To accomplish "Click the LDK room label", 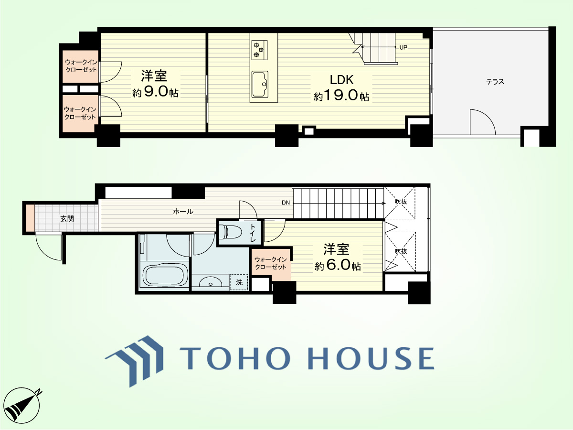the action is click(341, 80).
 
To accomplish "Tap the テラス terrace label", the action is click(495, 82).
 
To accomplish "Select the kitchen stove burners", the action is click(259, 50).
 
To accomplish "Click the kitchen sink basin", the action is click(260, 84).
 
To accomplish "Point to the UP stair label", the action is click(403, 47).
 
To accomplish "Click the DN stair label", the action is click(286, 203).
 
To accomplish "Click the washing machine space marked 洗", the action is click(239, 282).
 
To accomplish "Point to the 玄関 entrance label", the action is click(67, 218).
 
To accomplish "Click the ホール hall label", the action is click(183, 211).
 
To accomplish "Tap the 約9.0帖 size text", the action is click(155, 92).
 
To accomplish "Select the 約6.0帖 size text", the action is click(338, 266).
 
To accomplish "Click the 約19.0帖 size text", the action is click(341, 96).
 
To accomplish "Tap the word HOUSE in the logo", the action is click(371, 358).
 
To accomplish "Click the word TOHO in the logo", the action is click(234, 358).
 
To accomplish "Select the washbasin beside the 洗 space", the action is click(211, 282).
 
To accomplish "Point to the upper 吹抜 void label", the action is click(401, 202).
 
